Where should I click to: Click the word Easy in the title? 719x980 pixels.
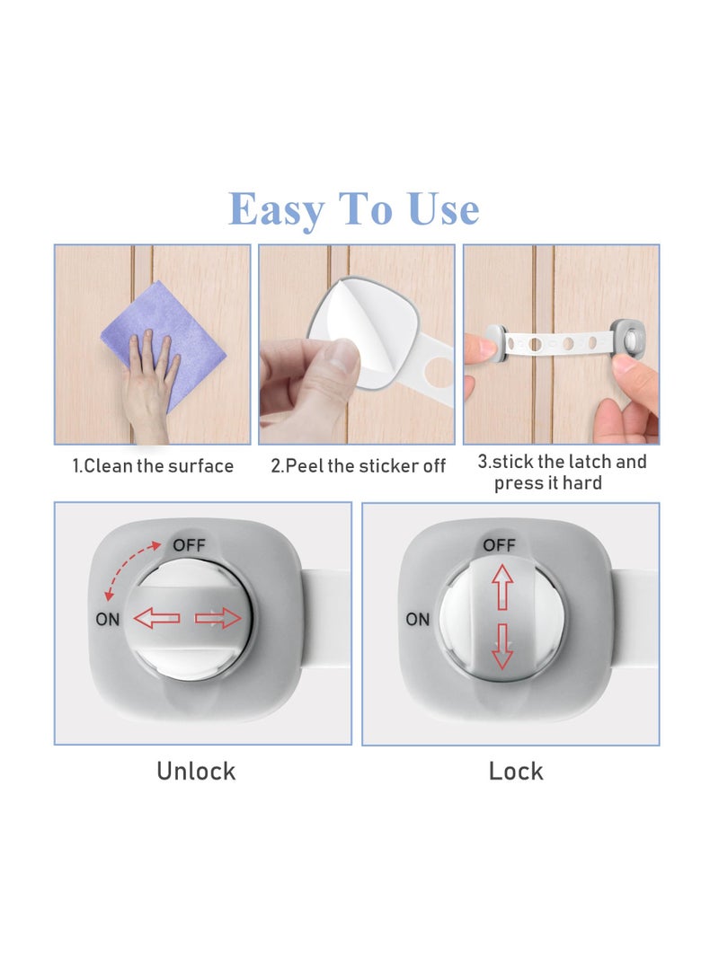coord(276,210)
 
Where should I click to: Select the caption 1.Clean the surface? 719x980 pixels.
coord(153,466)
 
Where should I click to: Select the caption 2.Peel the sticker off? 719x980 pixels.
coord(358,466)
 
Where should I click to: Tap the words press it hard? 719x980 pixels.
coord(548,483)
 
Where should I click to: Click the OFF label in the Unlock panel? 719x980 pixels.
coord(189,544)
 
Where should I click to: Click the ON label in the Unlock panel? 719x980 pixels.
coord(107,618)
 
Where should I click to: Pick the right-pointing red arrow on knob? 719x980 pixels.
coord(218,618)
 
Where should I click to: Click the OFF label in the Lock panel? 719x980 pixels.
coord(500,545)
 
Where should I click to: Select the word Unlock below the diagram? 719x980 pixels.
coord(196,771)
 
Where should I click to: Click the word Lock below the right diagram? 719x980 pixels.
coord(516,771)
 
